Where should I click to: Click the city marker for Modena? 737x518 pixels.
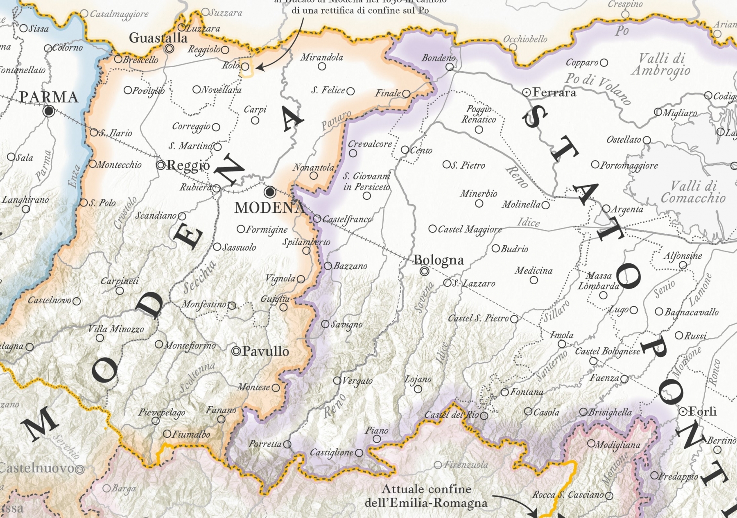click(x=270, y=191)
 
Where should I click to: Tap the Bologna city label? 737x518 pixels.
click(x=439, y=260)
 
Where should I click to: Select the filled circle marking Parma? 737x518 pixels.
click(x=49, y=111)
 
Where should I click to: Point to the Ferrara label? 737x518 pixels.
click(x=554, y=93)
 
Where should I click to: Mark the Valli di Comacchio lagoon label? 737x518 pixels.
click(x=693, y=192)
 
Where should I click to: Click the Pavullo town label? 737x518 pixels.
click(x=265, y=351)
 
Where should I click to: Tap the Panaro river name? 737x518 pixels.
click(x=336, y=120)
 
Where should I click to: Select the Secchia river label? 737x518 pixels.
click(x=199, y=277)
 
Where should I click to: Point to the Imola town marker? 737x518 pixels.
click(x=562, y=344)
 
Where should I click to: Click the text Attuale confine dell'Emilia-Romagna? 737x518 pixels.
click(x=426, y=496)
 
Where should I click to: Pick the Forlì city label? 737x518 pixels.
click(x=703, y=412)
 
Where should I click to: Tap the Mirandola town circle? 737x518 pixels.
click(x=322, y=67)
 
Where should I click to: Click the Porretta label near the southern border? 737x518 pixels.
click(x=265, y=444)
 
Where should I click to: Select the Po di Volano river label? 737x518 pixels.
click(x=597, y=89)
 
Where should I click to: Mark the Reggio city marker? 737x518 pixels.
click(x=161, y=165)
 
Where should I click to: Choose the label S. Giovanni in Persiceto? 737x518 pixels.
click(x=366, y=181)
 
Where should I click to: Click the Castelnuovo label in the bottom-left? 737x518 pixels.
click(x=37, y=468)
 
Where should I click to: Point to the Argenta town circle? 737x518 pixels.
click(x=606, y=209)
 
